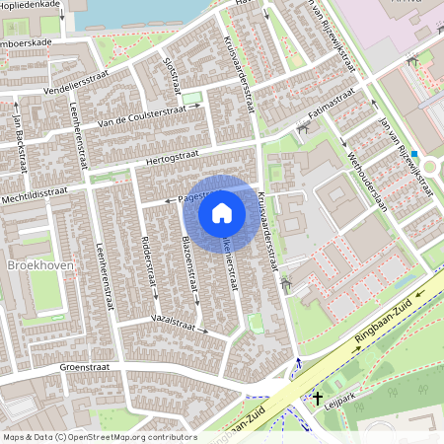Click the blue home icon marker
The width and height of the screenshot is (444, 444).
click(x=222, y=212)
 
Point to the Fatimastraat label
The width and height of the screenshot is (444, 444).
click(x=330, y=108)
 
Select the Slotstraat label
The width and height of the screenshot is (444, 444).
click(x=172, y=75)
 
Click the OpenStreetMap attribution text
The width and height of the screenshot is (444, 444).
click(x=99, y=437)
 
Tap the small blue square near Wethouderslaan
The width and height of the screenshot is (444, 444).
click(x=415, y=154)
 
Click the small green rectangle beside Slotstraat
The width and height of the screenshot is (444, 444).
click(x=193, y=97)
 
